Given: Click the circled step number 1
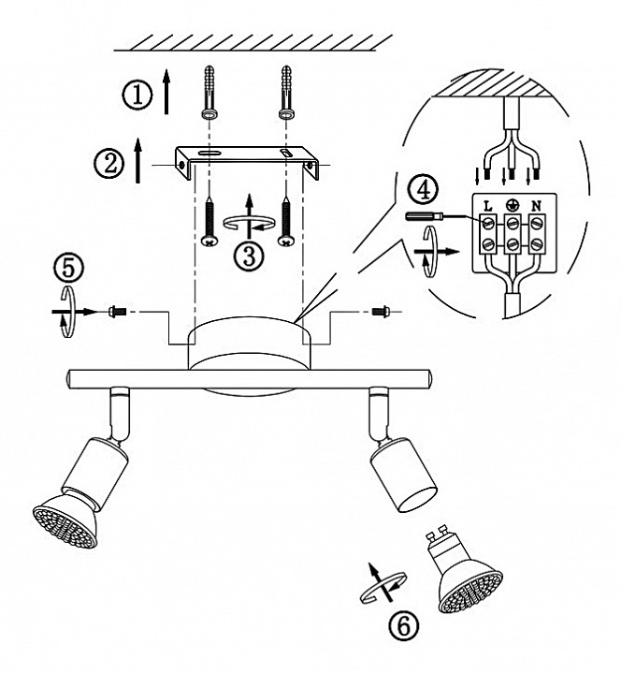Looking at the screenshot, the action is [137, 95].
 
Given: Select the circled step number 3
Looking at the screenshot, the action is [249, 256].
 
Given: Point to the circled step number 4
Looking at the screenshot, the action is [424, 190].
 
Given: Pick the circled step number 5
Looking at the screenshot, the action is [68, 268].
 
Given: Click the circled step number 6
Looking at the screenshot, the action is [403, 626].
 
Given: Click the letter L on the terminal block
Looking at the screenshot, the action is [487, 206].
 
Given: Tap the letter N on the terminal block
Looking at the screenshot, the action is [536, 206].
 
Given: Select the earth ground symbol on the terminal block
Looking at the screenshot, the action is [512, 205].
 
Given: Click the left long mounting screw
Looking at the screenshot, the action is [209, 221].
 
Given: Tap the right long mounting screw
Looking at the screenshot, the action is [285, 221].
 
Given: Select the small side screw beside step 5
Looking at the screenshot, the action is [117, 311].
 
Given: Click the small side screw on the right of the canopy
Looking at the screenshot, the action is [381, 311].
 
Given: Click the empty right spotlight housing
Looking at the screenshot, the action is [404, 475].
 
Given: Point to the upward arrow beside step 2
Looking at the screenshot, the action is [137, 161].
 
